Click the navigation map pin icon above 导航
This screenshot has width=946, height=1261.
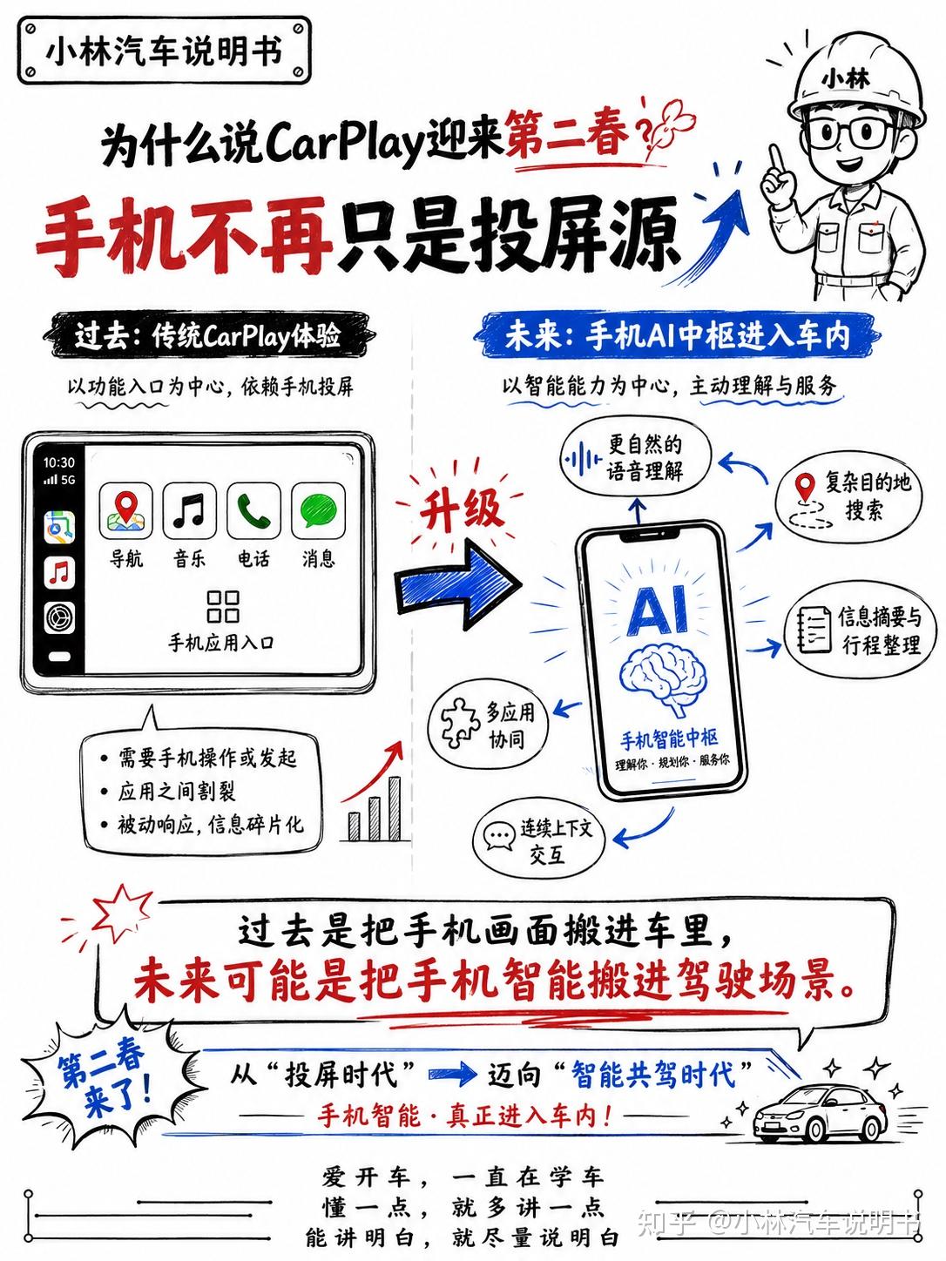click(125, 510)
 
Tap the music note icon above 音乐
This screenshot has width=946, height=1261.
click(189, 510)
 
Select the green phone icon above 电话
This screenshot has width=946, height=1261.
click(253, 510)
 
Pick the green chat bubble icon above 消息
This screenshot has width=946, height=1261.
click(318, 510)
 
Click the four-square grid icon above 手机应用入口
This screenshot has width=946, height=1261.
click(223, 607)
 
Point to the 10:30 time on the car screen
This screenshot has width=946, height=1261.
click(58, 462)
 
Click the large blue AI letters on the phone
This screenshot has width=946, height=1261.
click(657, 610)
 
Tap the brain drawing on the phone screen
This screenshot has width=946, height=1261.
click(664, 678)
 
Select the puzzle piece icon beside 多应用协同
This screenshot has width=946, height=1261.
click(460, 722)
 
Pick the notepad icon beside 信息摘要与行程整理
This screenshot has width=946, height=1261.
click(814, 630)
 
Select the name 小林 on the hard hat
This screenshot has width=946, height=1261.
click(845, 78)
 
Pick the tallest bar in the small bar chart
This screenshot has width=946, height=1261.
click(394, 809)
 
